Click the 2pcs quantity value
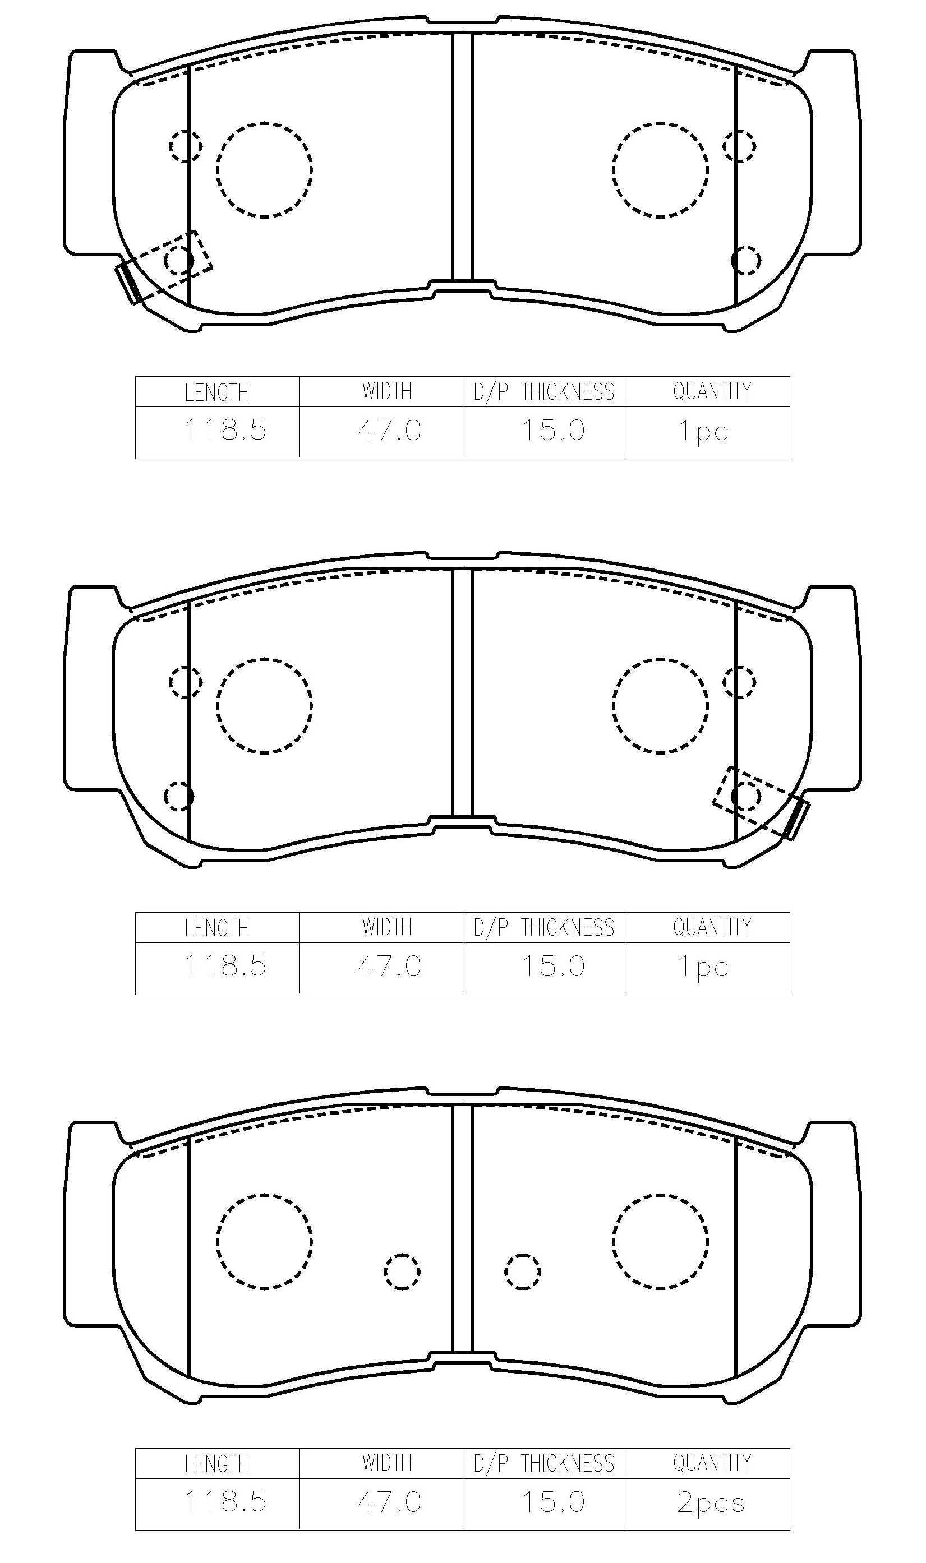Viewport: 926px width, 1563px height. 711,1504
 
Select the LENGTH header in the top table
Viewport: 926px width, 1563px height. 216,393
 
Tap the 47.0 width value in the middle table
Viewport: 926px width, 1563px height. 390,966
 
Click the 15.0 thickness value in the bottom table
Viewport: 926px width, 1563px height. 554,1502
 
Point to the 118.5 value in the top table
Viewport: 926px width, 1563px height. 225,430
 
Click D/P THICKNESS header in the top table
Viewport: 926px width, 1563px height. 544,392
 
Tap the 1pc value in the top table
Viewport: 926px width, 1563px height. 704,431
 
